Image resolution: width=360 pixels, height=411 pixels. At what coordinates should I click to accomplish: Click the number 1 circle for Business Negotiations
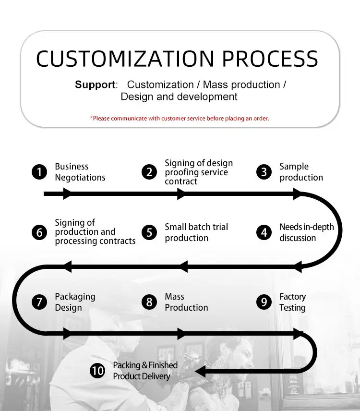[x=39, y=172]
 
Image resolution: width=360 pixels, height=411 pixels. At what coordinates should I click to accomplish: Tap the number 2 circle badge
[x=149, y=172]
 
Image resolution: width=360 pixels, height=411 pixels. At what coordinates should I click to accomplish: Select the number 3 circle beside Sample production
[x=264, y=172]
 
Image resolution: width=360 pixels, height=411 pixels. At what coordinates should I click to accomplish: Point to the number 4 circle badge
[x=264, y=233]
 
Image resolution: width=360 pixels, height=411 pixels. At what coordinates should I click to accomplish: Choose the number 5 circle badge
[x=149, y=233]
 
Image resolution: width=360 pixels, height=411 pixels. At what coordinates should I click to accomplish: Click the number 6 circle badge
[x=39, y=233]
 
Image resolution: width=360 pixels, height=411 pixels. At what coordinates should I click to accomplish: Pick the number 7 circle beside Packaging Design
[x=39, y=302]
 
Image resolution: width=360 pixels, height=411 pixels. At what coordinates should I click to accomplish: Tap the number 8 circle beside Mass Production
[x=149, y=302]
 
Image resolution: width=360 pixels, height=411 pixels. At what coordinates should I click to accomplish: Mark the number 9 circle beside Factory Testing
[x=264, y=302]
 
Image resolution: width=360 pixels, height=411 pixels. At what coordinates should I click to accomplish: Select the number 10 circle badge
[x=97, y=371]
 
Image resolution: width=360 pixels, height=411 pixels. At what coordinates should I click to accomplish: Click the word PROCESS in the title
[x=270, y=59]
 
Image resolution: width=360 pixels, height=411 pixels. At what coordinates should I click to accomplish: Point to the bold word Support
[x=96, y=85]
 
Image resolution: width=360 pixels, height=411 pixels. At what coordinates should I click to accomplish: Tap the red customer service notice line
[x=180, y=118]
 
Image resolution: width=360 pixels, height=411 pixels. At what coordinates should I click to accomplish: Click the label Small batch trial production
[x=196, y=232]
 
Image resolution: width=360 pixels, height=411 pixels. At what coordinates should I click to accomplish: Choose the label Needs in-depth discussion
[x=306, y=232]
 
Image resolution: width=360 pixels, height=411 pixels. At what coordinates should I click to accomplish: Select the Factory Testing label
[x=292, y=302]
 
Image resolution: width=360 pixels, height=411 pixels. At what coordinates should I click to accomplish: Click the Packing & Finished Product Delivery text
[x=145, y=371]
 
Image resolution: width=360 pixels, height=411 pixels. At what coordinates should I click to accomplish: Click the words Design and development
[x=179, y=97]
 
